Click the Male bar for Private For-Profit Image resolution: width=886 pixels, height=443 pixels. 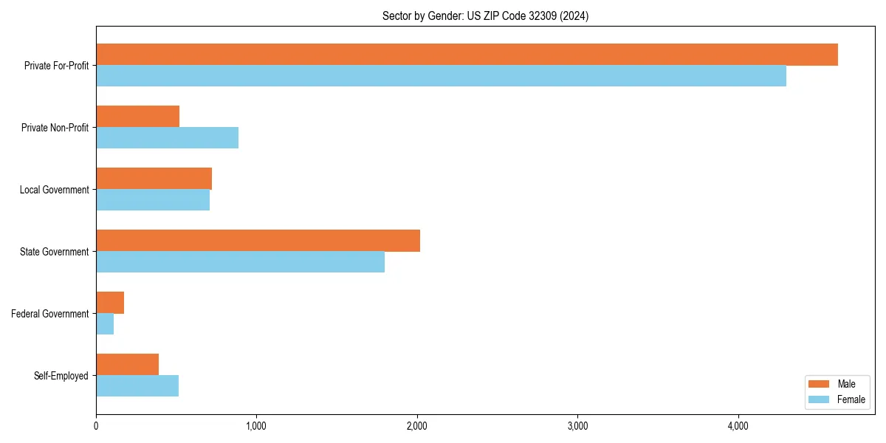467,55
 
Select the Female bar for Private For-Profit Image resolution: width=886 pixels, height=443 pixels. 441,76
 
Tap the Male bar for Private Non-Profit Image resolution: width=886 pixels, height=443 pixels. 138,117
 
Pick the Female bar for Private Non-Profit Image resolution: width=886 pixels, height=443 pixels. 167,138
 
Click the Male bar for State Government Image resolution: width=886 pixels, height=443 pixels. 258,241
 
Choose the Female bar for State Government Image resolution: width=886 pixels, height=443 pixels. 240,262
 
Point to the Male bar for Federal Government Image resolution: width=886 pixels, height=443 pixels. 110,303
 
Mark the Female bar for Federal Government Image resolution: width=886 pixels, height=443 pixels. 105,324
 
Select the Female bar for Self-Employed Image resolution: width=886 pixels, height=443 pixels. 137,386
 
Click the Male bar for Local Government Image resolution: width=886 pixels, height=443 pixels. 154,179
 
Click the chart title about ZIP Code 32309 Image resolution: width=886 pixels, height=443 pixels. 485,16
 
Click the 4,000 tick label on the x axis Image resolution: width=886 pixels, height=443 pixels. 738,426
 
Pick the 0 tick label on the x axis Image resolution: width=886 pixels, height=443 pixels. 96,426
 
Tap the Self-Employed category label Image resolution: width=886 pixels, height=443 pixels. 61,376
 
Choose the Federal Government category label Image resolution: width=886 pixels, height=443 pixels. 50,314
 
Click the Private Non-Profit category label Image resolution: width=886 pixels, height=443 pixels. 55,128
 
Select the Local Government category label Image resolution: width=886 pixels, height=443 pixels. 54,190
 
